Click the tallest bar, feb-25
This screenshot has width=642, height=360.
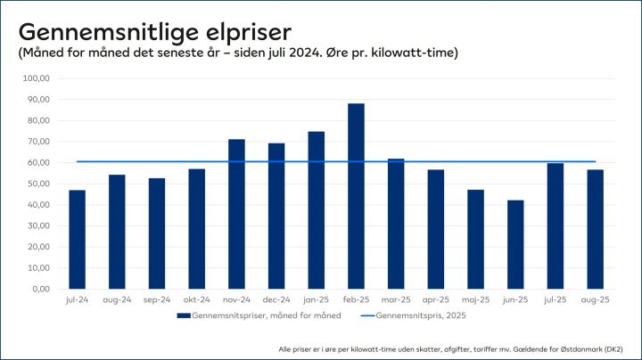pyautogui.click(x=356, y=196)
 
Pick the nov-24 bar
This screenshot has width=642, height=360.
pyautogui.click(x=236, y=214)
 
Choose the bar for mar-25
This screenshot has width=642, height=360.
pyautogui.click(x=396, y=224)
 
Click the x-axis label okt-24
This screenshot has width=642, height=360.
pyautogui.click(x=196, y=300)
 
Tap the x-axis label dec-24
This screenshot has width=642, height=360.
pyautogui.click(x=276, y=300)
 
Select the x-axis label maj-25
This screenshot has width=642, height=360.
pyautogui.click(x=475, y=300)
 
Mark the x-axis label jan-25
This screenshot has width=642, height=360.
pyautogui.click(x=316, y=300)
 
